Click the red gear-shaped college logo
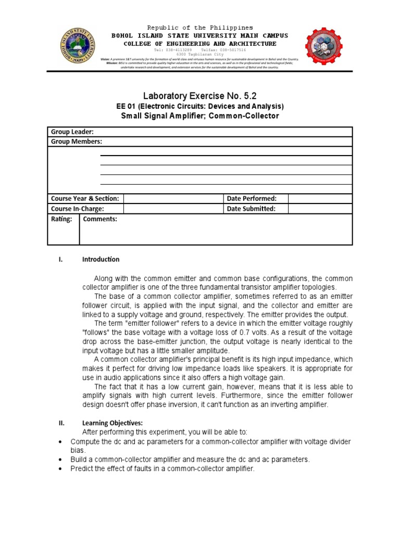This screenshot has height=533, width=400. pyautogui.click(x=324, y=46)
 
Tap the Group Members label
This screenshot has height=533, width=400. pyautogui.click(x=77, y=142)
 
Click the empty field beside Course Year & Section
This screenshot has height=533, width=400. pyautogui.click(x=173, y=199)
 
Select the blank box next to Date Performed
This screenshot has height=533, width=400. pyautogui.click(x=320, y=199)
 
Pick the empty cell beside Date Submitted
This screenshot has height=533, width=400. pyautogui.click(x=320, y=209)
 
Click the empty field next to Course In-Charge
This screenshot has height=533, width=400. pyautogui.click(x=173, y=209)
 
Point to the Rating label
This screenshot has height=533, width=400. pyautogui.click(x=61, y=219)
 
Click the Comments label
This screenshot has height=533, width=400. pyautogui.click(x=100, y=219)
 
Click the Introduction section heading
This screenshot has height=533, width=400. pyautogui.click(x=101, y=259)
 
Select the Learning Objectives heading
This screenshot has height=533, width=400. pyautogui.click(x=112, y=423)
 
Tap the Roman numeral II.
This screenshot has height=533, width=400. pyautogui.click(x=61, y=423)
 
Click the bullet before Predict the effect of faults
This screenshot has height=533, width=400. pyautogui.click(x=60, y=468)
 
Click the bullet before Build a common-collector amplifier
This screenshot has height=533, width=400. pyautogui.click(x=60, y=460)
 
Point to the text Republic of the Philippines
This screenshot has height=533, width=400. pyautogui.click(x=200, y=28)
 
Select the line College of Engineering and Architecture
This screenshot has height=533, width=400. pyautogui.click(x=200, y=44)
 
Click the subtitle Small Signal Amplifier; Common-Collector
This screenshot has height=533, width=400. pyautogui.click(x=200, y=116)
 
